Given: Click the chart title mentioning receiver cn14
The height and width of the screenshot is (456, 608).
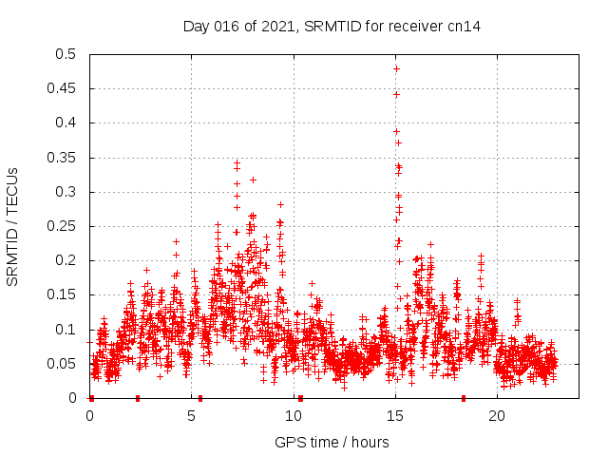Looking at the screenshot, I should [x=332, y=27].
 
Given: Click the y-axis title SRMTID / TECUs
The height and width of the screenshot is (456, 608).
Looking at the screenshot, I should [x=13, y=226].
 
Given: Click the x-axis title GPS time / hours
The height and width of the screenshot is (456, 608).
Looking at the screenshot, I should [x=332, y=442].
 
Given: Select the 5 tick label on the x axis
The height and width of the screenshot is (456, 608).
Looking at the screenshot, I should [x=192, y=416].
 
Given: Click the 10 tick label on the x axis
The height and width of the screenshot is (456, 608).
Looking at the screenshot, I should [x=294, y=416].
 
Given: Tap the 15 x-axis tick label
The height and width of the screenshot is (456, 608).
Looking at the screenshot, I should [x=395, y=416].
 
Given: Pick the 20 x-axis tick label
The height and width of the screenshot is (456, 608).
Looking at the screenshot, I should [x=497, y=416].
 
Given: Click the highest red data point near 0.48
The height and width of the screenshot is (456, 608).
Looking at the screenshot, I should [x=396, y=68].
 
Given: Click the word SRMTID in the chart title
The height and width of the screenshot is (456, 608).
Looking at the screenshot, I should [x=332, y=27].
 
